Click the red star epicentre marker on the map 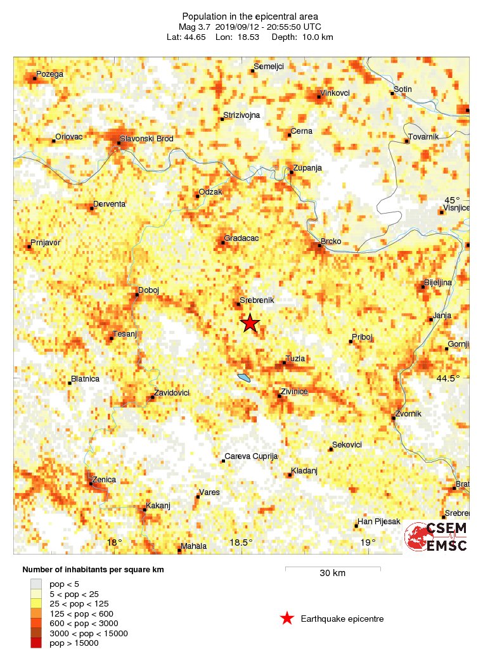coord(250,323)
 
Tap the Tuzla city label coord(295,359)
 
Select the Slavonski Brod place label coord(146,139)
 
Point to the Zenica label coord(104,480)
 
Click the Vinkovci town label coord(335,93)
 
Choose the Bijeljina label coord(437,282)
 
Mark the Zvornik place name coord(408,414)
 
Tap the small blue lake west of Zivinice coord(244,378)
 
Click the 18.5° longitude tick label coord(241,542)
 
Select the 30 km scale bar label coord(332,574)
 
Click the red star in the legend coord(287,619)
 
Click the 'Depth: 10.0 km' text coord(302,37)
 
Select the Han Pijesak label coord(379,522)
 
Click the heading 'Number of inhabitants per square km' coord(93,570)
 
